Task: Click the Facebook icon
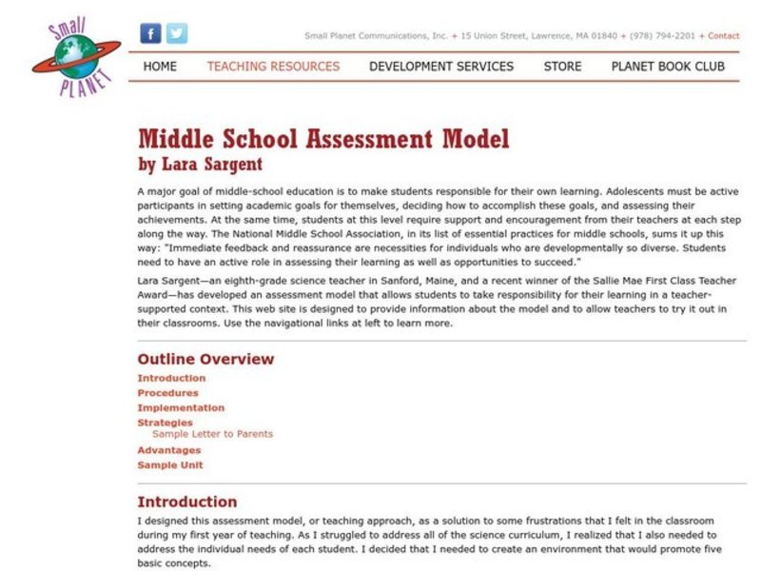(150, 33)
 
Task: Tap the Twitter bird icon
(177, 33)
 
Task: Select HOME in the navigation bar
(160, 67)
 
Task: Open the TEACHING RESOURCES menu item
(273, 67)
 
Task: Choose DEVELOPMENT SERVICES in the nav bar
(441, 67)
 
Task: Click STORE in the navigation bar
(562, 67)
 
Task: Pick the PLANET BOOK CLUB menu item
(668, 67)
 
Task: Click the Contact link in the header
(724, 36)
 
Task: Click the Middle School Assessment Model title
(323, 139)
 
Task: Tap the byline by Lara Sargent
(200, 164)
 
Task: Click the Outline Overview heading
(205, 359)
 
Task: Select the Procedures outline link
(167, 393)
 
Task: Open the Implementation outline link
(181, 407)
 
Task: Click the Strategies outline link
(165, 423)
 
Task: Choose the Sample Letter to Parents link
(212, 434)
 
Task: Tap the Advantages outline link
(168, 450)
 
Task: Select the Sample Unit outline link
(169, 465)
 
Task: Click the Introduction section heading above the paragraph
(187, 502)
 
